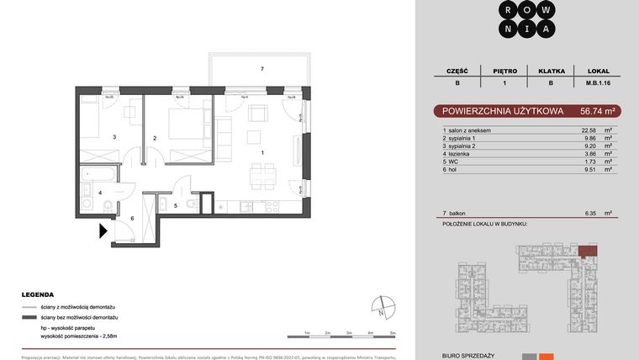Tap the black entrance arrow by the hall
(x=103, y=230)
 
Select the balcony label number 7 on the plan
(x=262, y=68)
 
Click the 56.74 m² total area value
(x=599, y=110)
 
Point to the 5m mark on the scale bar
(x=393, y=333)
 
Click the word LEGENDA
(x=39, y=295)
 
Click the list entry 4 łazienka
(x=460, y=153)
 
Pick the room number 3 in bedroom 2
(x=114, y=136)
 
